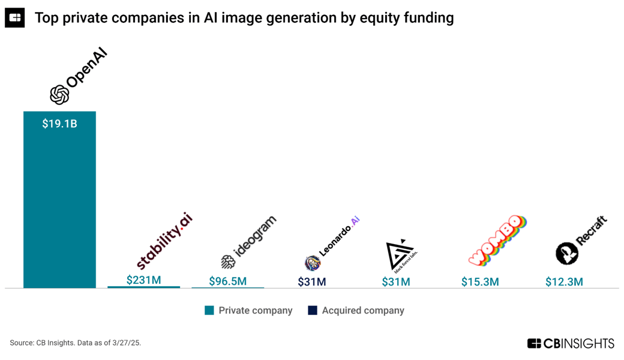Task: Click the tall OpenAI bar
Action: (59, 204)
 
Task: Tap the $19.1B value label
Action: (59, 124)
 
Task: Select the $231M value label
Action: (143, 280)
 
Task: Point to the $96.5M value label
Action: (227, 281)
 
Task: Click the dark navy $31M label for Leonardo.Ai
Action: (311, 281)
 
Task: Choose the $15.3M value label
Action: (480, 281)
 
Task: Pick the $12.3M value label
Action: (564, 281)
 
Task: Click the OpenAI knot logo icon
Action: (59, 94)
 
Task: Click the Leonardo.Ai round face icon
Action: (312, 263)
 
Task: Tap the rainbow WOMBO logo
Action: (497, 240)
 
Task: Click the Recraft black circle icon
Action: (566, 253)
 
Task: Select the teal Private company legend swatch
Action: (209, 310)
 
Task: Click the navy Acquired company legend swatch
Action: (312, 310)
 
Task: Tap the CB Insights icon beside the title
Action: (15, 18)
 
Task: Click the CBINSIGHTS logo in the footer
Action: (571, 343)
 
